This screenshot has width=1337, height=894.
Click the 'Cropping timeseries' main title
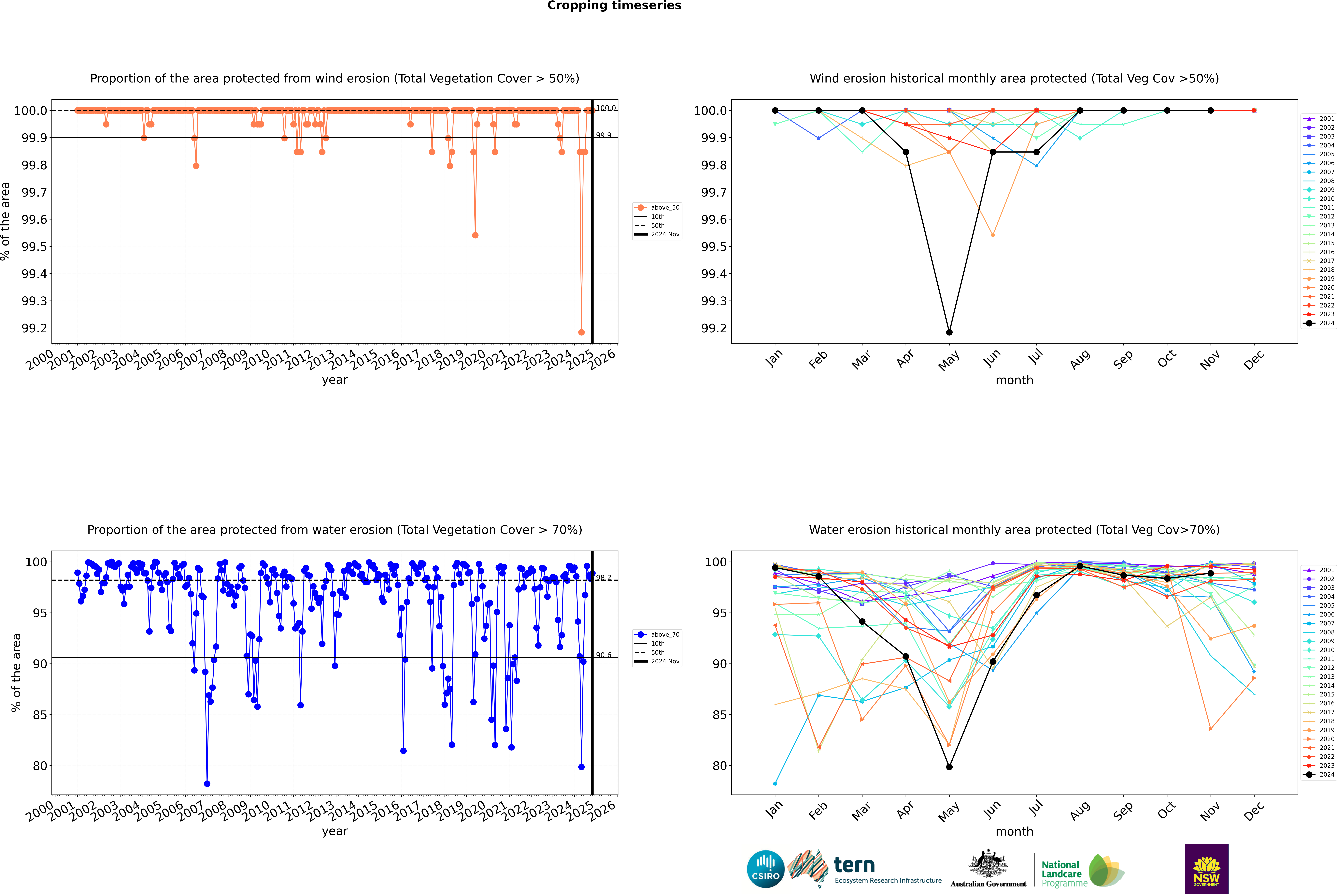614,6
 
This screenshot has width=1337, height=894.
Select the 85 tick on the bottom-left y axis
40,715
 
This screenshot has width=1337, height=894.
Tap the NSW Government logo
1206,869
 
